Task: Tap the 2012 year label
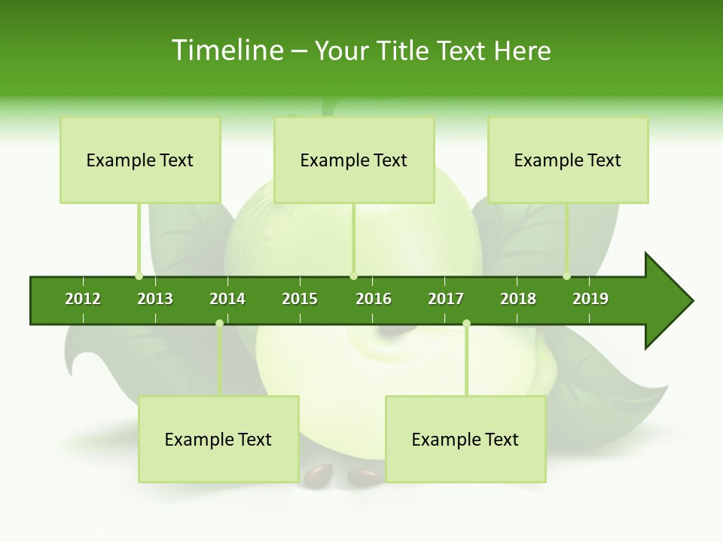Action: click(x=83, y=299)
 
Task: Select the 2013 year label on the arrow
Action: click(x=155, y=299)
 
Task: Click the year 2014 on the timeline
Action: click(x=227, y=299)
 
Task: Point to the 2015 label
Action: click(x=300, y=299)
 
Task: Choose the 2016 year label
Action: click(x=374, y=299)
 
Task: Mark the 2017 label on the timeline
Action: click(x=446, y=299)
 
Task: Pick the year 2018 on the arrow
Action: click(x=518, y=299)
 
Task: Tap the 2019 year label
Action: click(x=590, y=299)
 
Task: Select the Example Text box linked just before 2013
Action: click(x=140, y=160)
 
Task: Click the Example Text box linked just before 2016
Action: click(x=354, y=160)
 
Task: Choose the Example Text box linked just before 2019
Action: click(x=568, y=160)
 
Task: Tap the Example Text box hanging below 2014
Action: click(x=218, y=440)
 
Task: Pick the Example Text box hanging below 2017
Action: click(x=465, y=440)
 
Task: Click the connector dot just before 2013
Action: click(x=139, y=276)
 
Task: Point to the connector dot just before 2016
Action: click(x=354, y=276)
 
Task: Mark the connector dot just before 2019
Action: click(x=567, y=276)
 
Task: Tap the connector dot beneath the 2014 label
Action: click(x=219, y=324)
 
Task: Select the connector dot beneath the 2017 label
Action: click(x=466, y=324)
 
